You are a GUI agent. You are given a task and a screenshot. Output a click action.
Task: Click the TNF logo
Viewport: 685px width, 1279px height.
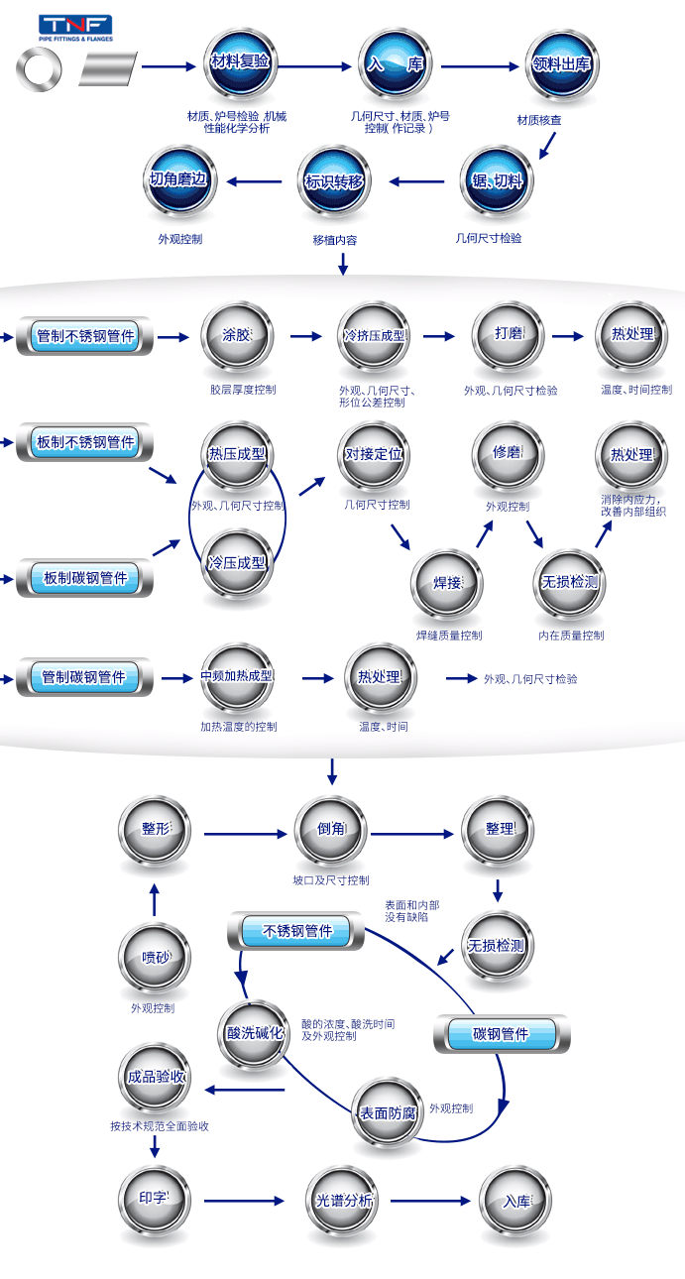(x=75, y=28)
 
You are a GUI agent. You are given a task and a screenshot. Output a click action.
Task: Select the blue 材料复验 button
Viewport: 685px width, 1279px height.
(x=240, y=63)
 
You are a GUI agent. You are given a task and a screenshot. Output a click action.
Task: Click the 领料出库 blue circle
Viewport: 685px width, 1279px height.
(x=562, y=63)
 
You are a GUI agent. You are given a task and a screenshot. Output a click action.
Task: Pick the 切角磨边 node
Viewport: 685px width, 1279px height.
(x=179, y=181)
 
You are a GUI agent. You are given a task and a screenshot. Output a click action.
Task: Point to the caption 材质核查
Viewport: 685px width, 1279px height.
(x=539, y=120)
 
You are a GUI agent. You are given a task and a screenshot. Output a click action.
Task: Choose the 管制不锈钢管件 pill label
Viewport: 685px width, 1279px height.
(x=85, y=336)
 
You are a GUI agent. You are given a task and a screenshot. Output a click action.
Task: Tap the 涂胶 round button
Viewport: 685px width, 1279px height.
(x=237, y=336)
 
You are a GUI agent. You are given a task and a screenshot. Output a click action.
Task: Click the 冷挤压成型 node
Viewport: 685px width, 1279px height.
(x=375, y=336)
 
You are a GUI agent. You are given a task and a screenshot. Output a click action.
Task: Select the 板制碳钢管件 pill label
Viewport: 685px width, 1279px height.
(x=85, y=578)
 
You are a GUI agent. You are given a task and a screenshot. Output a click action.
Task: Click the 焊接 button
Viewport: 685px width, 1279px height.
(x=447, y=584)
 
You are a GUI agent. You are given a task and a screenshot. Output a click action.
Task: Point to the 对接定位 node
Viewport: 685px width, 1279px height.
(x=375, y=455)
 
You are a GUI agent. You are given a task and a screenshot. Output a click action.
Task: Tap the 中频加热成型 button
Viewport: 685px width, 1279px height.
(x=237, y=677)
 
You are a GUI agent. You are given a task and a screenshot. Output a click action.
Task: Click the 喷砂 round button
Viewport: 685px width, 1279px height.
(x=155, y=958)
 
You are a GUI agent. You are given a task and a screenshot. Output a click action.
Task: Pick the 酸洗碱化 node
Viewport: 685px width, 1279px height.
(x=255, y=1034)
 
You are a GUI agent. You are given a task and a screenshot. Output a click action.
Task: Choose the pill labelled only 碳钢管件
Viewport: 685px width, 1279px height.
(x=502, y=1034)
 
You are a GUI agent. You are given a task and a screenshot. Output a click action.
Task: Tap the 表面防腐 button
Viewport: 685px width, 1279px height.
(x=388, y=1113)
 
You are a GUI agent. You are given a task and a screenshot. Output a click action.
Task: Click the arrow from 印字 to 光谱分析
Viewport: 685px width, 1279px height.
(x=244, y=1201)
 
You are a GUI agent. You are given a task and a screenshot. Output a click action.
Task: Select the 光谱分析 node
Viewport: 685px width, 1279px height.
(x=343, y=1202)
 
